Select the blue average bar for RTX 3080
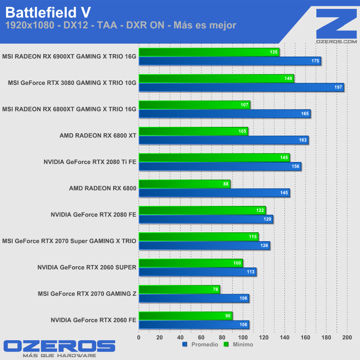pyautogui.click(x=241, y=87)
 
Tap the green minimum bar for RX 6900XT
pyautogui.click(x=208, y=52)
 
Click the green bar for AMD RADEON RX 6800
pyautogui.click(x=184, y=184)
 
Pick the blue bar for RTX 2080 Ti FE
pyautogui.click(x=220, y=166)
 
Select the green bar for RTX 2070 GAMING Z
pyautogui.click(x=179, y=289)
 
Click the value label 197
pyautogui.click(x=338, y=87)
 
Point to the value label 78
pyautogui.click(x=215, y=289)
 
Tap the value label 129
pyautogui.click(x=267, y=219)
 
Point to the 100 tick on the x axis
pyautogui.click(x=243, y=337)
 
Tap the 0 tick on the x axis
pyautogui.click(x=139, y=337)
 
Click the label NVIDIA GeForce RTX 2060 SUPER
pyautogui.click(x=87, y=267)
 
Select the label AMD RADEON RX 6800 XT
pyautogui.click(x=98, y=136)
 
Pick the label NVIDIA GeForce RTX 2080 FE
pyautogui.click(x=93, y=215)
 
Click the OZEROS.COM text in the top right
pyautogui.click(x=337, y=41)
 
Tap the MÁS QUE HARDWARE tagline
pyautogui.click(x=59, y=356)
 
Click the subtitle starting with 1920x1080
pyautogui.click(x=120, y=25)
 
